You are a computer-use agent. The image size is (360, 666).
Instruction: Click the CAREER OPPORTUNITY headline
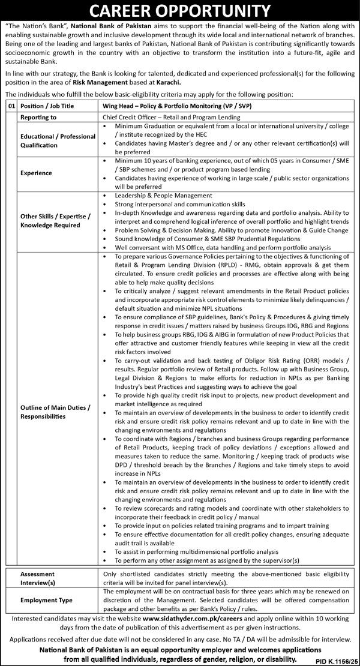[180, 11]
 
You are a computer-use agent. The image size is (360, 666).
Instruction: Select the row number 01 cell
[10, 105]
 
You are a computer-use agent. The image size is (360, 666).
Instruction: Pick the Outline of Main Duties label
[54, 411]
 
